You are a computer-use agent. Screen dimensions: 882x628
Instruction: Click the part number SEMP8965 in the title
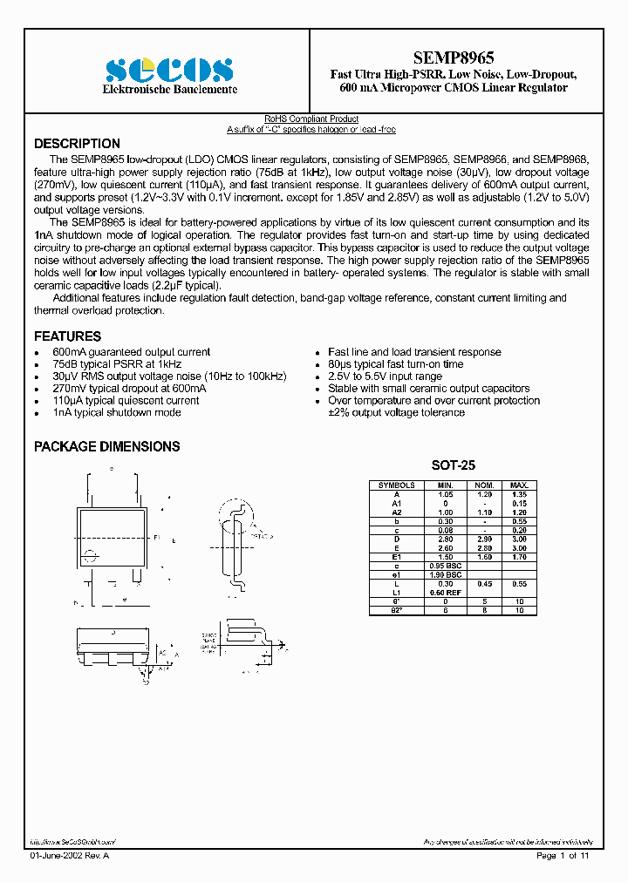click(453, 58)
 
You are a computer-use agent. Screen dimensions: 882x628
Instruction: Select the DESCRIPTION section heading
click(77, 144)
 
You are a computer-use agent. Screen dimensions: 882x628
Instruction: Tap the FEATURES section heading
click(67, 336)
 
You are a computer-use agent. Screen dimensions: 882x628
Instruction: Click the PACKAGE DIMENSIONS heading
click(106, 446)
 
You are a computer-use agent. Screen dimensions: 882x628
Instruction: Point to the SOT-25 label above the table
click(453, 466)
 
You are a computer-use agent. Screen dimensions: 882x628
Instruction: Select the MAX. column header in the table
click(519, 485)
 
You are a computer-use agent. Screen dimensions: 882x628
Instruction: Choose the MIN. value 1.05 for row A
click(446, 494)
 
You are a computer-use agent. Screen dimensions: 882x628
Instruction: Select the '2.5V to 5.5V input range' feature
click(385, 377)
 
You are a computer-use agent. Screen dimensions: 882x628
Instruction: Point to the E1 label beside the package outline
click(156, 538)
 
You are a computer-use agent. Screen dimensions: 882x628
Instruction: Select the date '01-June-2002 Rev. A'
click(70, 857)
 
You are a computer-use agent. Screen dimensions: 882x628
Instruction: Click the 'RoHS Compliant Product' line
click(311, 119)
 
